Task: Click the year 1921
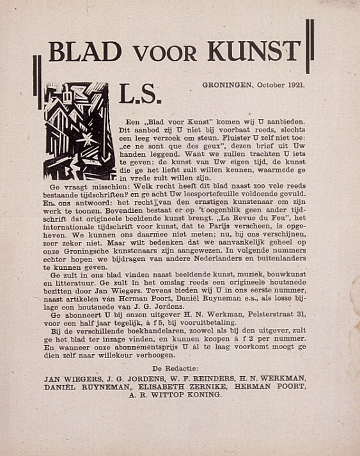(295, 84)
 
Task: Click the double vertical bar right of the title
(309, 47)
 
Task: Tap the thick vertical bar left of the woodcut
(38, 83)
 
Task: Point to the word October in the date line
(267, 84)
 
